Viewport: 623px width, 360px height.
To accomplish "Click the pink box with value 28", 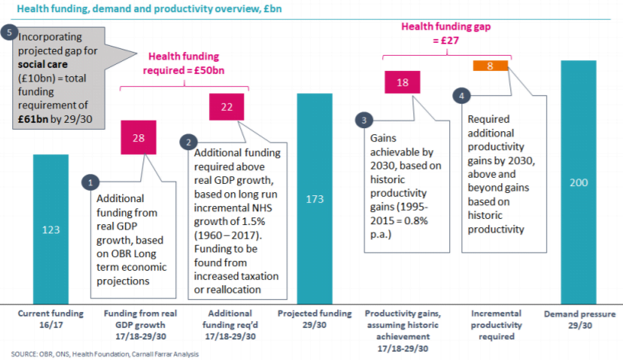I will (139, 137).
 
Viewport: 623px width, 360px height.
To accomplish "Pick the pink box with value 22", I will (226, 108).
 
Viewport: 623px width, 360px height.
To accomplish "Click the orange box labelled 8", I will (490, 66).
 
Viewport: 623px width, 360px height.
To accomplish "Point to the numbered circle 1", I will (91, 182).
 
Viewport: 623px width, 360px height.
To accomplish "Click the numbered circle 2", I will (187, 142).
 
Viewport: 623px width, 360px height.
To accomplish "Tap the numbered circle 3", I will (364, 120).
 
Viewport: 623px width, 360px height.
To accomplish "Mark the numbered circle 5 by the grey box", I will (9, 33).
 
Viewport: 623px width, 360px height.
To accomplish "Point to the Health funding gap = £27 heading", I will (446, 32).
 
